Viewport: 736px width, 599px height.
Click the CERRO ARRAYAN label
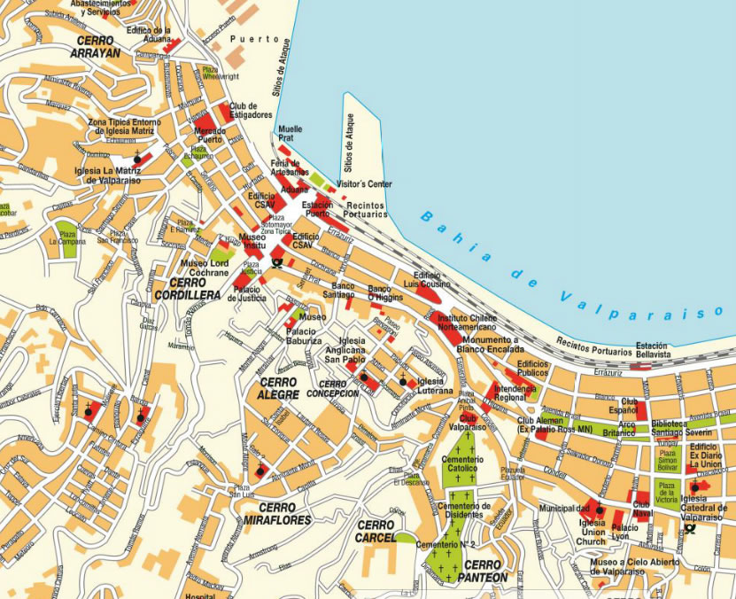click(97, 47)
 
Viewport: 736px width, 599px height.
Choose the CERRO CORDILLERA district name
click(186, 288)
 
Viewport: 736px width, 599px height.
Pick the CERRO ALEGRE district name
click(278, 387)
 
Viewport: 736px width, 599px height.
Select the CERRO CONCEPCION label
click(332, 388)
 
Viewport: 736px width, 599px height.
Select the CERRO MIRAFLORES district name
click(277, 514)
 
